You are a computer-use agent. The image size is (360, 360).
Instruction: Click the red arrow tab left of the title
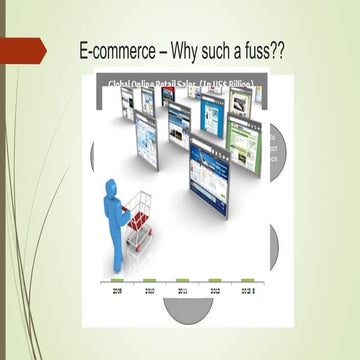pos(22,49)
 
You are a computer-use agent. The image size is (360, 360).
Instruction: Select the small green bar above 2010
pos(149,279)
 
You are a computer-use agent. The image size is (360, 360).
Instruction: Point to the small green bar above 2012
pos(214,279)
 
